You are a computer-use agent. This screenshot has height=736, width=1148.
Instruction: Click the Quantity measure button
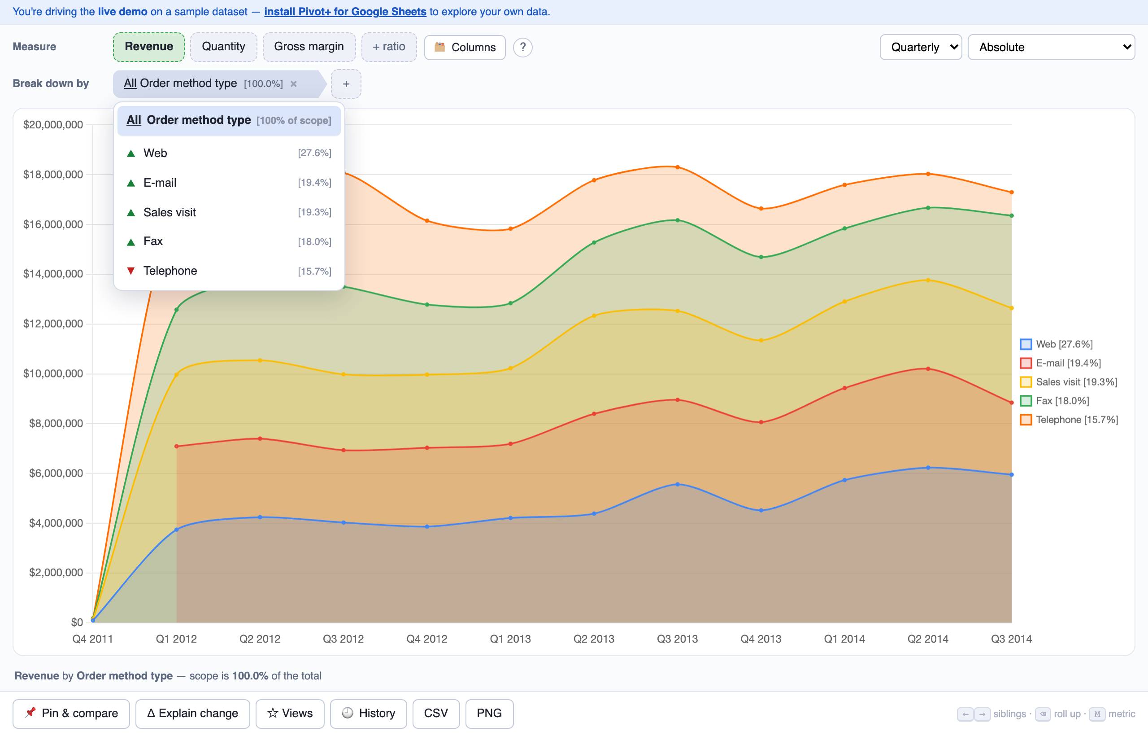(223, 47)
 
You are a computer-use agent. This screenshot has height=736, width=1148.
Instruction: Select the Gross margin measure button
(309, 47)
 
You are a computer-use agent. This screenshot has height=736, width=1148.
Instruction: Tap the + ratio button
(389, 47)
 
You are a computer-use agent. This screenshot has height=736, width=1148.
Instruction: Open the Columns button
(465, 47)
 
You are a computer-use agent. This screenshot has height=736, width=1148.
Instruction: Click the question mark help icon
(523, 47)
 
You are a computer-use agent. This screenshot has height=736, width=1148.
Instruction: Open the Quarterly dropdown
(921, 47)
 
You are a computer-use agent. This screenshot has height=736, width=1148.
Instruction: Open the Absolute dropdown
(1051, 47)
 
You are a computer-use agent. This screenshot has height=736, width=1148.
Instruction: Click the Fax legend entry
(1054, 401)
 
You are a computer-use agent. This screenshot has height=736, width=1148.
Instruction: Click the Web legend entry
(1057, 344)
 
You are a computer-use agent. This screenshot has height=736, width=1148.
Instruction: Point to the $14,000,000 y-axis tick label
(53, 274)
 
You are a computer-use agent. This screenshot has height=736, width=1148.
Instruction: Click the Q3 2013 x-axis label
(677, 639)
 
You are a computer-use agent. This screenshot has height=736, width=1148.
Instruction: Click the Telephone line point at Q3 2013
(678, 167)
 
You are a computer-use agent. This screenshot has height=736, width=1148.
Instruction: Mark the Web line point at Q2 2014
(928, 468)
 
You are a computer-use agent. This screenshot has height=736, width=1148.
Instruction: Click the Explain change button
(192, 714)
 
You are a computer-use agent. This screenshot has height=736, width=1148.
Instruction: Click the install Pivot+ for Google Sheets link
(345, 12)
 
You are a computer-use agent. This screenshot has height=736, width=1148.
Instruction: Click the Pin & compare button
(71, 714)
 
